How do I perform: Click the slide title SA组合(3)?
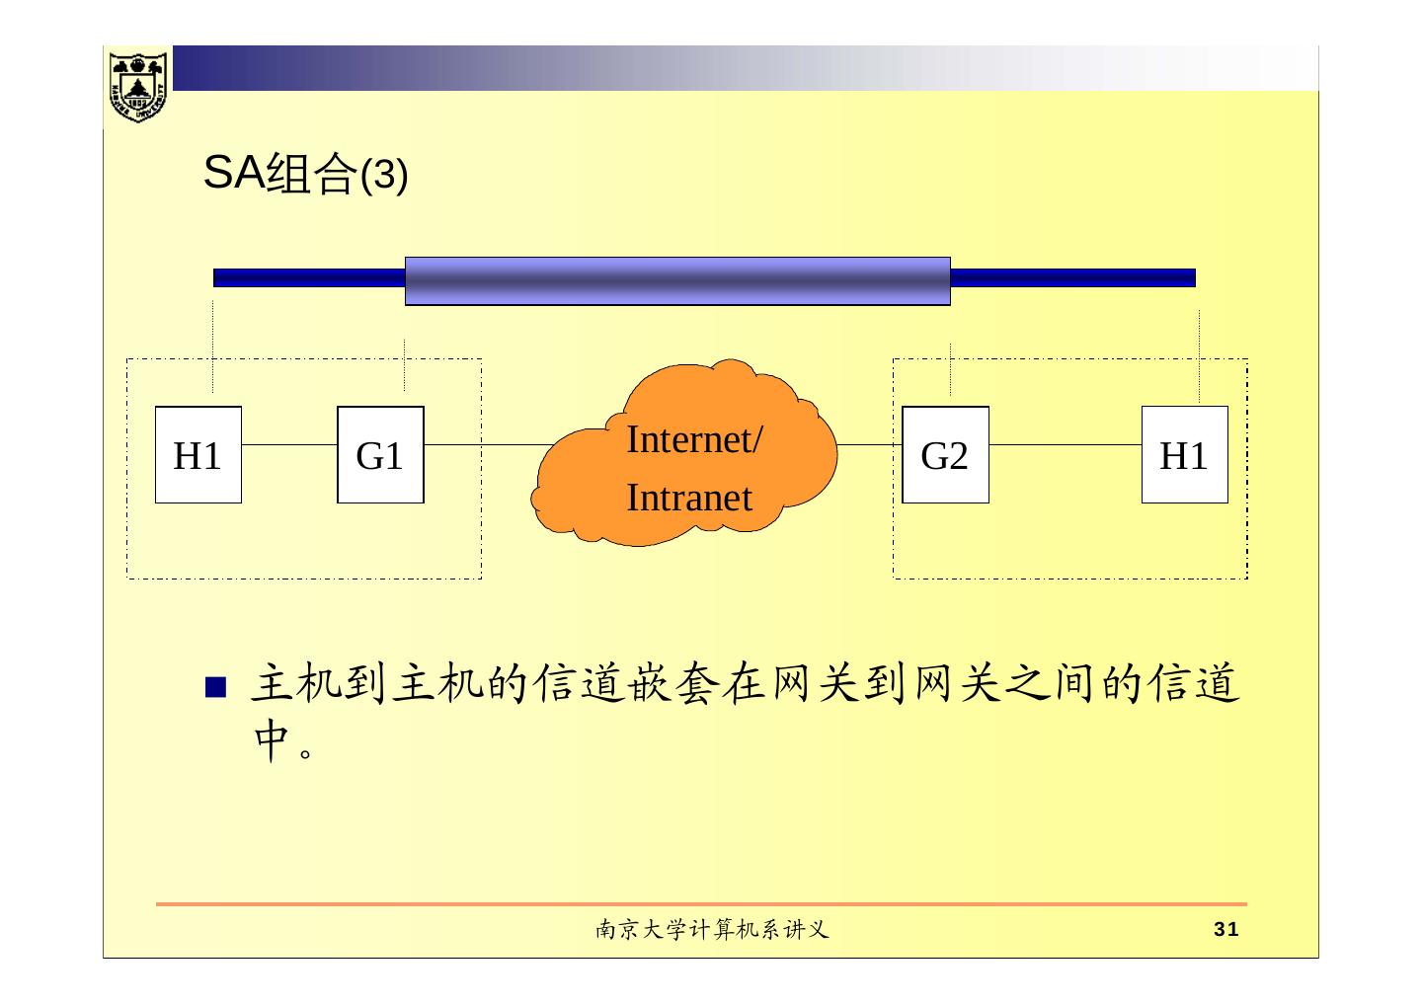[x=304, y=175]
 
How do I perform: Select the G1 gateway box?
[x=380, y=455]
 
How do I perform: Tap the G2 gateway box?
[x=945, y=455]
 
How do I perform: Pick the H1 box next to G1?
[x=197, y=455]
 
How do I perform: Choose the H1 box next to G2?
[x=1184, y=455]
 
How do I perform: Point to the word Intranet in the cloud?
[x=688, y=498]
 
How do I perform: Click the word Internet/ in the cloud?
[x=693, y=439]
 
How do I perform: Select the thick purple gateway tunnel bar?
[x=677, y=281]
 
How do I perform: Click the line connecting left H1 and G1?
[x=289, y=444]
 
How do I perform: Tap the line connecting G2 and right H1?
[x=1065, y=444]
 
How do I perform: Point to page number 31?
[x=1225, y=929]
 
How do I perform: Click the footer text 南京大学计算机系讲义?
[x=710, y=929]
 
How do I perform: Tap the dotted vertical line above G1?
[x=405, y=365]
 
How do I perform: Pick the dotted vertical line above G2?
[x=950, y=369]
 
